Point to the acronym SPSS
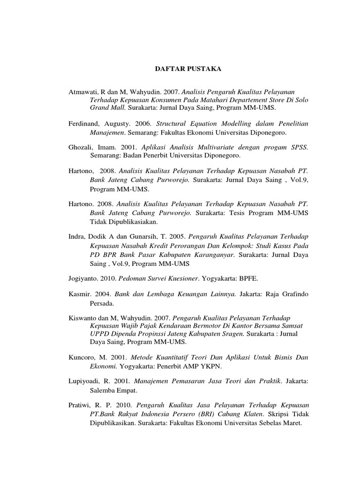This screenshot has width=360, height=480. (x=299, y=147)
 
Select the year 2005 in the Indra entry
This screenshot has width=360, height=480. (x=178, y=236)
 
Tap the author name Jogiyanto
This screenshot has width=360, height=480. (x=83, y=278)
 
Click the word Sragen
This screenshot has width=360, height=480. (x=233, y=334)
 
